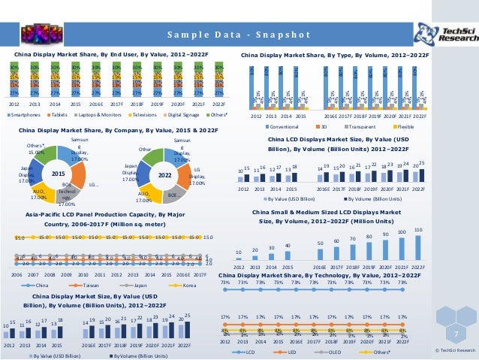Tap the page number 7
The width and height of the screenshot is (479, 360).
tap(455, 332)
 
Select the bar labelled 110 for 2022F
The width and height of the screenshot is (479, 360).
tap(417, 248)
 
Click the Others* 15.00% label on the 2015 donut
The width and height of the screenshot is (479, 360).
tap(35, 149)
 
